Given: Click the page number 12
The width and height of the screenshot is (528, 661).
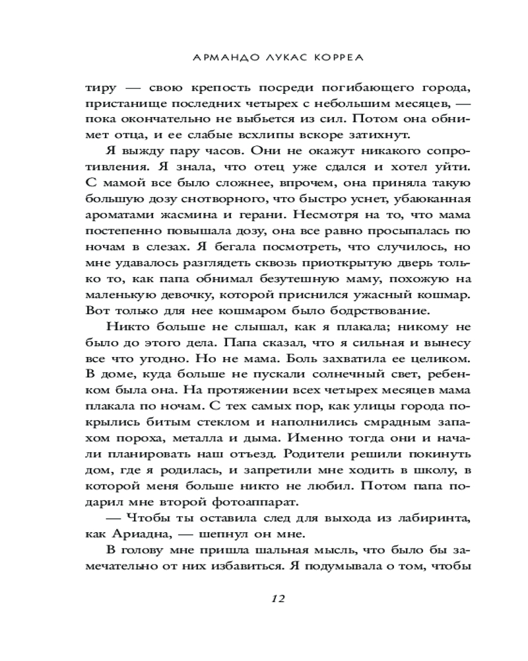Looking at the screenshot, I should pos(277,599).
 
